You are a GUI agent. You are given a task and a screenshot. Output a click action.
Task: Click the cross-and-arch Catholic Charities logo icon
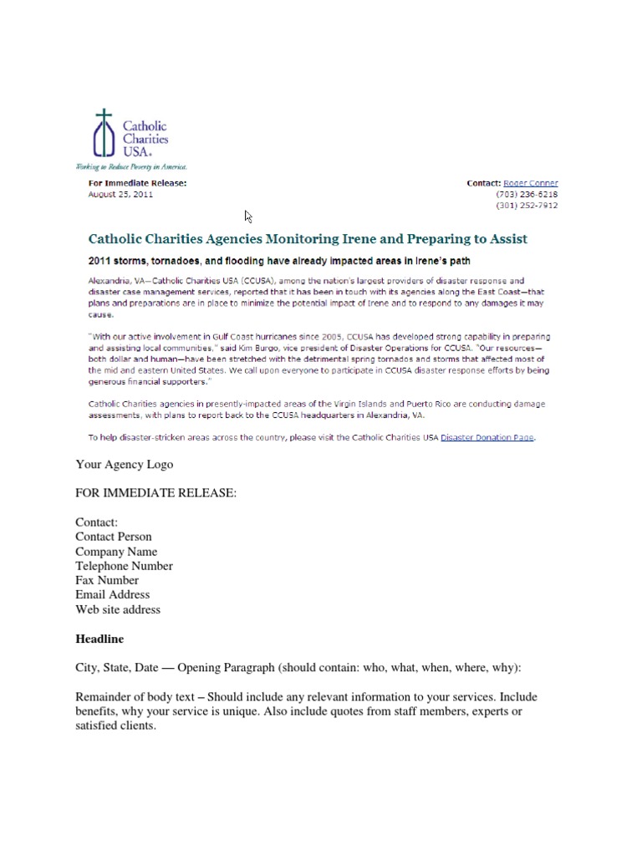coord(104,134)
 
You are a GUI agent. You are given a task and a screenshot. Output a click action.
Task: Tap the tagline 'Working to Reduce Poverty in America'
coord(131,167)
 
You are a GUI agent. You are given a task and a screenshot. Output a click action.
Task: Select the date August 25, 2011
coord(120,195)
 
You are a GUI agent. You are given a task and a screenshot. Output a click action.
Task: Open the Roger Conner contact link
coord(530,183)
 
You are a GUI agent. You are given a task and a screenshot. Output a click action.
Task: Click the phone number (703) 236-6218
coord(527,195)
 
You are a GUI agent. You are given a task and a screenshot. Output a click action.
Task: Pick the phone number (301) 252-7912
coord(527,206)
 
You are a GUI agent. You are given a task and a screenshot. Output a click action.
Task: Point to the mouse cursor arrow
coord(248,216)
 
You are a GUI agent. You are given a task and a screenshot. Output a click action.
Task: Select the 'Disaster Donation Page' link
coord(487,436)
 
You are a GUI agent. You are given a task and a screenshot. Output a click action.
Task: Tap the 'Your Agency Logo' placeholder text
coord(125,464)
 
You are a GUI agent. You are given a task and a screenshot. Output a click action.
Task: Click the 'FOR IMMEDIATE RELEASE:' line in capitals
coord(156,493)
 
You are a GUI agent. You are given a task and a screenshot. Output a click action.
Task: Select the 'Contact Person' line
coord(114,537)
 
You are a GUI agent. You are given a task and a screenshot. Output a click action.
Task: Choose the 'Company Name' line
coord(116,552)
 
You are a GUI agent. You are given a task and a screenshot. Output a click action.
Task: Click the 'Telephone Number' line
coord(124,566)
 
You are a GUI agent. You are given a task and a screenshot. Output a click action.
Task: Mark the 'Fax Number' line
coord(107,580)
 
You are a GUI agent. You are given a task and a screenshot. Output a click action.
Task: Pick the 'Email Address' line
coord(112,594)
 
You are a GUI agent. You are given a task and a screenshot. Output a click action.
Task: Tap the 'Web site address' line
coord(118,609)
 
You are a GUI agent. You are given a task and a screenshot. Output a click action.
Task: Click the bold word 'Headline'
coord(99,639)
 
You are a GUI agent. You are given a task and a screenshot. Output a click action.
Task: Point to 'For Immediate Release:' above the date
coord(137,183)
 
